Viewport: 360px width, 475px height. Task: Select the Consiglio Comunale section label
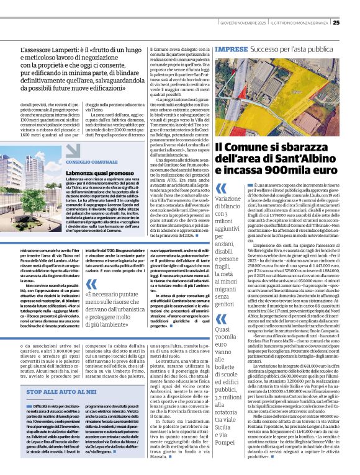tap(89, 161)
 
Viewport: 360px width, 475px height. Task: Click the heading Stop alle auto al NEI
tap(60, 393)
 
